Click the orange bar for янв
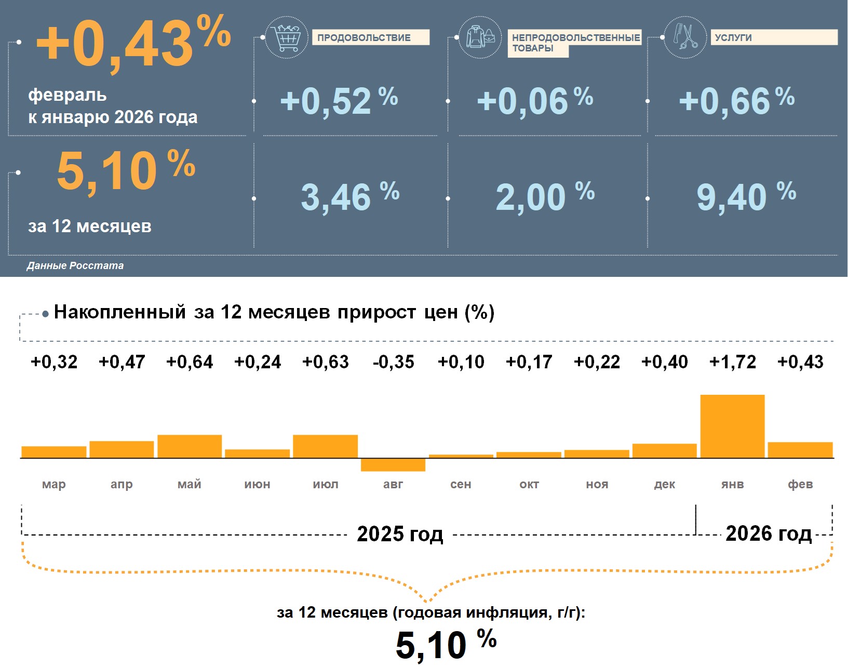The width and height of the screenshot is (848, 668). (732, 426)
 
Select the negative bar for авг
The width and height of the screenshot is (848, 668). (393, 465)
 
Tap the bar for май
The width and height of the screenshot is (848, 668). (190, 446)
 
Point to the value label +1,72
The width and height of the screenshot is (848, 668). (732, 362)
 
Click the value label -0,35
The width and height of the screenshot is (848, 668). (393, 362)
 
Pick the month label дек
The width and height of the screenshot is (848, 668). (665, 484)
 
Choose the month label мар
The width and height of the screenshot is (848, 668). (54, 484)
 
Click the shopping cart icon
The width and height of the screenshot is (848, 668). (286, 37)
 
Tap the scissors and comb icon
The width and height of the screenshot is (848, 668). (685, 37)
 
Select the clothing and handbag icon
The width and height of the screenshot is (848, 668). (480, 37)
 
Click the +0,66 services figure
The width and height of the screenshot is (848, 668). (736, 101)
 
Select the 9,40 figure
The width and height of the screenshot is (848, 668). (745, 197)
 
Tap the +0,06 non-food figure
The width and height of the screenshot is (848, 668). (534, 101)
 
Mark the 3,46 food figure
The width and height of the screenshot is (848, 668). (349, 197)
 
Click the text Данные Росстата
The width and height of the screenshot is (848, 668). (75, 265)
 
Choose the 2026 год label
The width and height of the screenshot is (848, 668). (768, 533)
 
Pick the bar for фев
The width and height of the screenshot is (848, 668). (800, 450)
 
